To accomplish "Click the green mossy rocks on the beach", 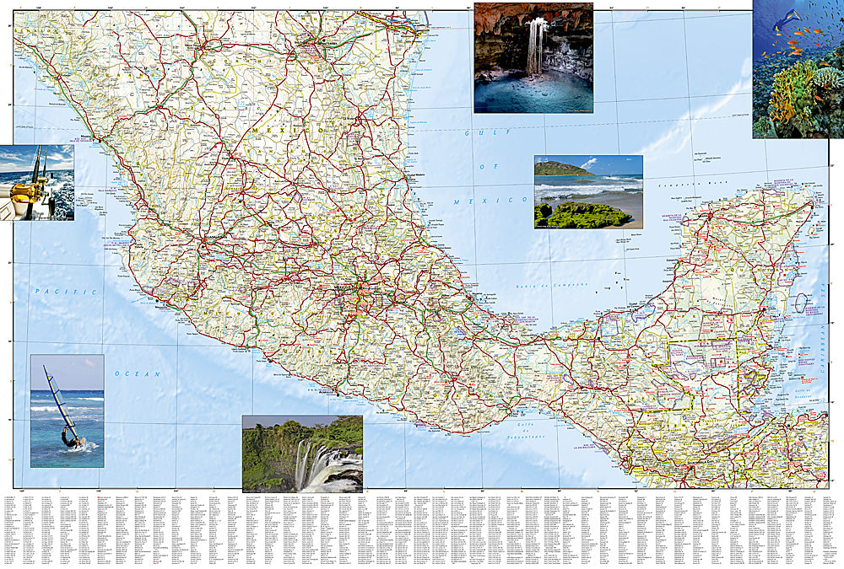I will [x=584, y=217].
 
